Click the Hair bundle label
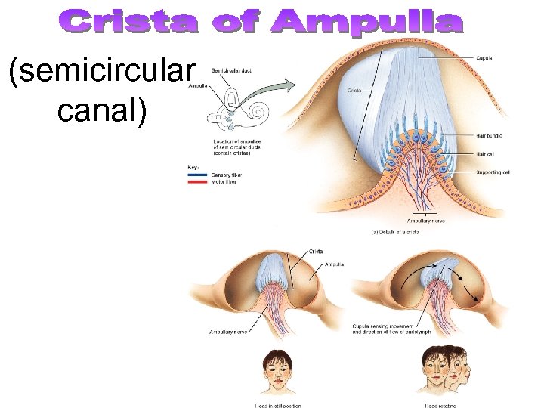point(490,135)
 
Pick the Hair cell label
point(485,153)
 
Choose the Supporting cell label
point(493,172)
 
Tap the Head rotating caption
point(440,405)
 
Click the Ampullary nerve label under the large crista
point(428,221)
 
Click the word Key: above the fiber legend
point(194,166)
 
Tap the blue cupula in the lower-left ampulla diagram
point(271,270)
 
